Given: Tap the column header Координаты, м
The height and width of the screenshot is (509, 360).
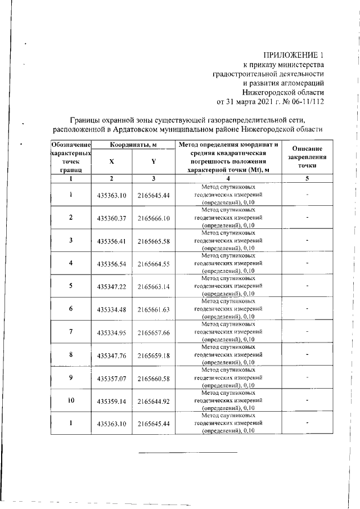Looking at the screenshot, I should coord(133,145).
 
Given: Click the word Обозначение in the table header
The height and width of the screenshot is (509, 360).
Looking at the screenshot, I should coord(71,145).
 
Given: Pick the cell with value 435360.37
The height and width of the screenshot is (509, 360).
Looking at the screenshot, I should coord(111,218).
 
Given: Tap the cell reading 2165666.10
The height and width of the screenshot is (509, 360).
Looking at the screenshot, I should coord(154,218).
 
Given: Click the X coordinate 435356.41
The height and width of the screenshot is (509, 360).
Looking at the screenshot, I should coord(111,241).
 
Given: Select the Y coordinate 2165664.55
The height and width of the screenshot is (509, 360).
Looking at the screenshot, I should coord(154,263).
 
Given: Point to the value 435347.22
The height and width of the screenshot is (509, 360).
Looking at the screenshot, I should coord(111,286).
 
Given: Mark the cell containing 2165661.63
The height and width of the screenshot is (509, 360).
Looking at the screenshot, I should coord(154,309).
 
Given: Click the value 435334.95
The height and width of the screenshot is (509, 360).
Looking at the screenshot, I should coord(111,332).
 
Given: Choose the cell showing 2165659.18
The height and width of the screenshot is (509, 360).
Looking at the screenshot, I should coord(154,355).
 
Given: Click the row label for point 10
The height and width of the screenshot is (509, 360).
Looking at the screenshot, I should coord(71,400).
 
